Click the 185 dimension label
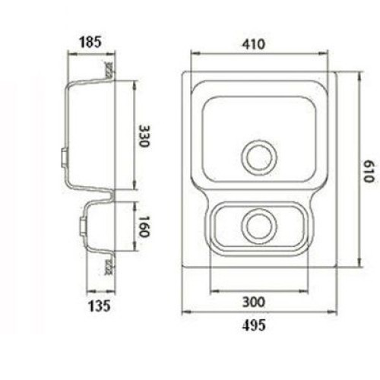(90, 42)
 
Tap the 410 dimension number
(254, 44)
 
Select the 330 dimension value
(144, 136)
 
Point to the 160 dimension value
(144, 226)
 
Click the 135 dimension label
(100, 306)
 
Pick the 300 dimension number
(254, 302)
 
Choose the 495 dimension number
(254, 325)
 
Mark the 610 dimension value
(369, 171)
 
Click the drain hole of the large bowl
(259, 157)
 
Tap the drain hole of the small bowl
(259, 226)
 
